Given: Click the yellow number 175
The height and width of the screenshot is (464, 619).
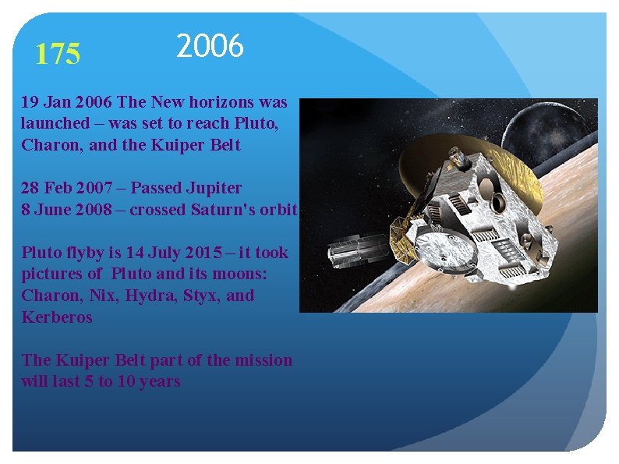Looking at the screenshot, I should coord(58,55).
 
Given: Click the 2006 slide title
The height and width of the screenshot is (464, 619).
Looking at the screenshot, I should coord(210,47).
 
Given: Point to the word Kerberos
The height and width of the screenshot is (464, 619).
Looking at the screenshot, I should coord(57,317).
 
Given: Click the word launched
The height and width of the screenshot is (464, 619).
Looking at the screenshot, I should coord(55,123).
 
